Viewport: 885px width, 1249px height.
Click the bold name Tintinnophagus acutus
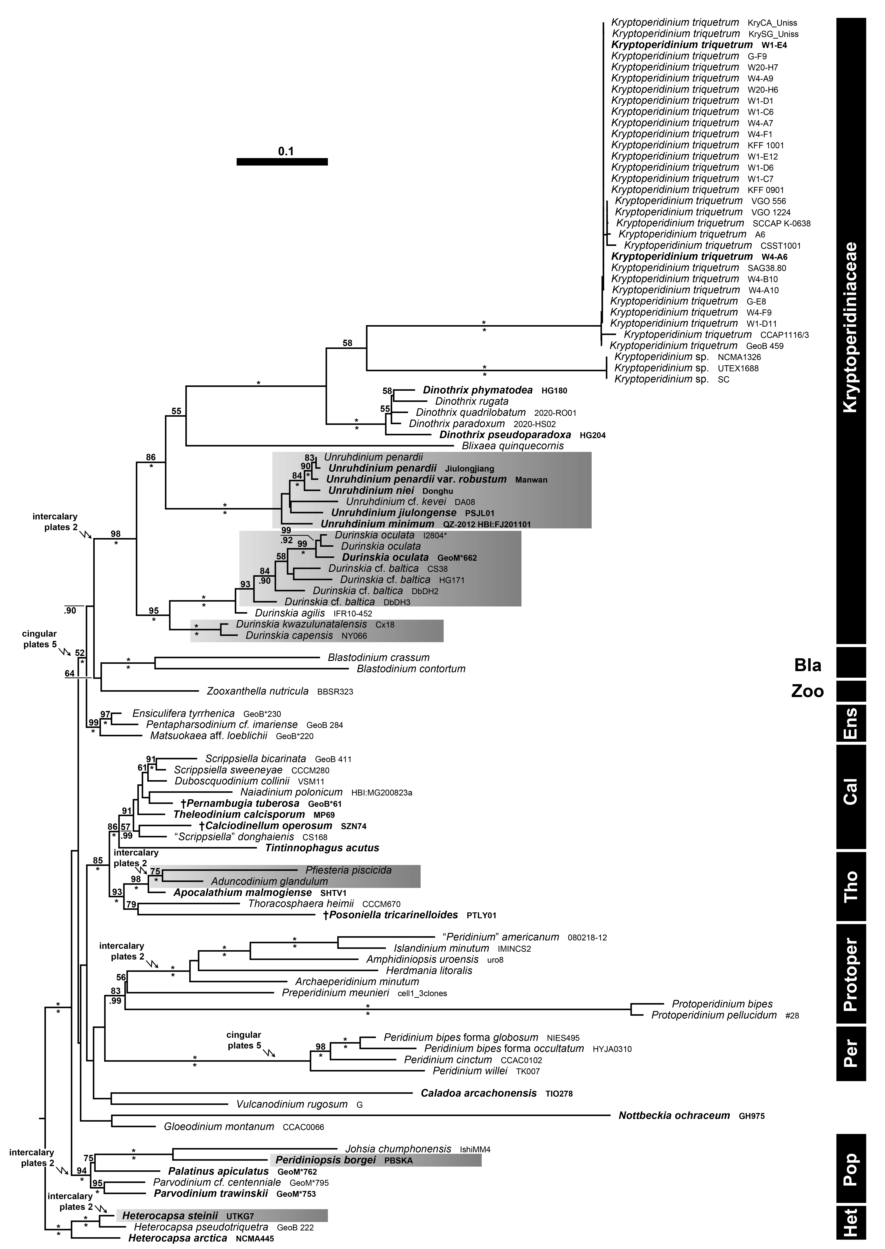[322, 848]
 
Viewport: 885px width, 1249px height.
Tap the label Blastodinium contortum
[411, 669]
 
